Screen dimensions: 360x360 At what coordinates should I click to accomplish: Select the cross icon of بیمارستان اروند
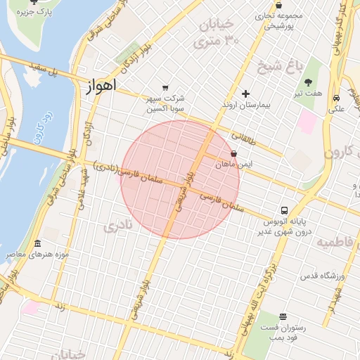coord(245,94)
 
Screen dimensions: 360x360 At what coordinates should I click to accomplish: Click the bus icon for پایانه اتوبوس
coord(284,210)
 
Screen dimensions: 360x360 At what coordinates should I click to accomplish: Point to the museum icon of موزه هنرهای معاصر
coord(29,243)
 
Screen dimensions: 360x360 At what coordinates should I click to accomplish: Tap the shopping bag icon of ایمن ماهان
coord(233,153)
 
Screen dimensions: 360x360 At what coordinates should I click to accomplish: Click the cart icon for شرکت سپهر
coord(165,88)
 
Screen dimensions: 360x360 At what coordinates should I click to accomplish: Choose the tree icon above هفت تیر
coord(308,82)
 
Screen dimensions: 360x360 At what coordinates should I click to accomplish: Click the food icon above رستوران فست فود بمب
coord(283,316)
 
